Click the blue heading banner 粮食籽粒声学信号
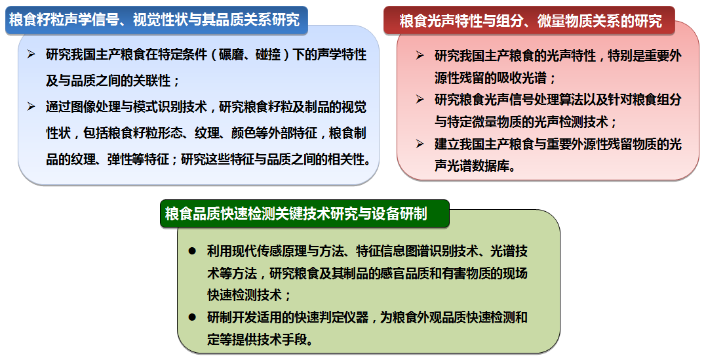156,20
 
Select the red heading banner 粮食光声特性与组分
530,21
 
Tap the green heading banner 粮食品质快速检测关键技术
305,214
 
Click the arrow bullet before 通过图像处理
31,107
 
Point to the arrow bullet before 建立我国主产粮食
420,144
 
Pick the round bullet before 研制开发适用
192,317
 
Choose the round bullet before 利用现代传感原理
192,251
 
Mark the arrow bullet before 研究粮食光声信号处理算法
420,100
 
